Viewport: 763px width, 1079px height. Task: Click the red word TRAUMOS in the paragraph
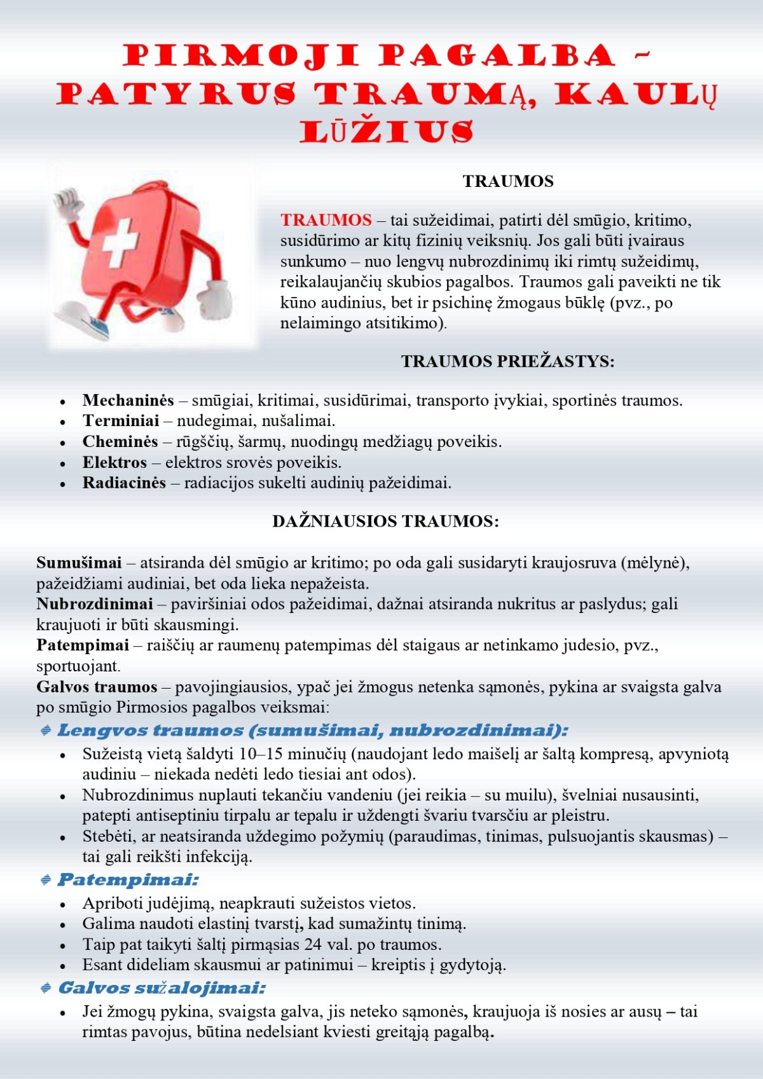click(326, 220)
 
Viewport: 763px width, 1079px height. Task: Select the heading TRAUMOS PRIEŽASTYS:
click(507, 361)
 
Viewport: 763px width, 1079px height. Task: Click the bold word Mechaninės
click(128, 401)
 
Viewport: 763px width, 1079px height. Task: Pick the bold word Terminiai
click(121, 421)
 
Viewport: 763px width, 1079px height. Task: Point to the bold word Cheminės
click(120, 442)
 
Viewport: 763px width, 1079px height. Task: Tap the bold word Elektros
click(114, 462)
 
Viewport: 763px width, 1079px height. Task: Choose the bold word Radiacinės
click(124, 483)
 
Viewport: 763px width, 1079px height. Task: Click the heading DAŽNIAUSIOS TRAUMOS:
click(385, 521)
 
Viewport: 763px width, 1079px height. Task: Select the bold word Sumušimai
click(79, 563)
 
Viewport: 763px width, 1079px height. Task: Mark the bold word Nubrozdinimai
click(95, 604)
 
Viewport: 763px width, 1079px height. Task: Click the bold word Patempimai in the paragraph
click(83, 645)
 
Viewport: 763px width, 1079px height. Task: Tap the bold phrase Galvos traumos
click(97, 687)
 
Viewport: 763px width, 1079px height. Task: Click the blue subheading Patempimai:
click(128, 880)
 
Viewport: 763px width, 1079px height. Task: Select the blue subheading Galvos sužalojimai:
click(162, 988)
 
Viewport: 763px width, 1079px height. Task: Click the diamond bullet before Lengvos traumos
click(46, 731)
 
